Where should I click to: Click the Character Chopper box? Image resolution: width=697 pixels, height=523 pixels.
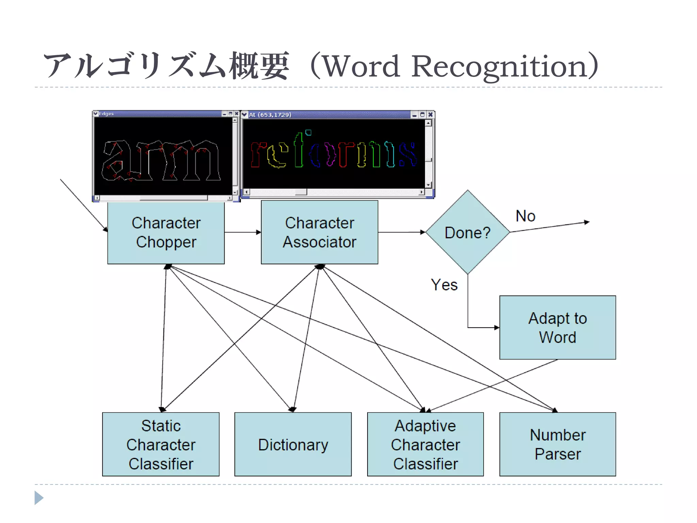(x=166, y=232)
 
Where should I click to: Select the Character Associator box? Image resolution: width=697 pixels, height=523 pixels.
(x=319, y=232)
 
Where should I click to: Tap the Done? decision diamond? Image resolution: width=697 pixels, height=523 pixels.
(x=467, y=232)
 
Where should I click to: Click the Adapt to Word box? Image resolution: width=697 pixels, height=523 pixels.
(x=557, y=327)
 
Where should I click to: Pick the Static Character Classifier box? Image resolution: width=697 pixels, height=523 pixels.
(x=161, y=444)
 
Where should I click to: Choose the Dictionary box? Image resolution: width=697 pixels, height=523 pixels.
(x=293, y=444)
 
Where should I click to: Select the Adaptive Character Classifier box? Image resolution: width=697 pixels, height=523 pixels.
(x=425, y=444)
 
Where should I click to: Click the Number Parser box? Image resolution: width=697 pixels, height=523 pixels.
(x=557, y=444)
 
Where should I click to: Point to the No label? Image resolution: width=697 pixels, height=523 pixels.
(x=525, y=216)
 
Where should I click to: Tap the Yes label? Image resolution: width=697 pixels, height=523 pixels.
(x=444, y=285)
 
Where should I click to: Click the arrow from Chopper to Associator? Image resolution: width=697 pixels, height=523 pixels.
(x=243, y=232)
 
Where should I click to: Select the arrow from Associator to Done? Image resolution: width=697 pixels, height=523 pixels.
(x=402, y=232)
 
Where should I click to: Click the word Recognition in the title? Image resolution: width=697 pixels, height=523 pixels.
(x=499, y=66)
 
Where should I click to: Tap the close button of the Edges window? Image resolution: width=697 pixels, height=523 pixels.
(x=237, y=114)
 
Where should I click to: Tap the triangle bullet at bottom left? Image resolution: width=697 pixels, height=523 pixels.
(x=38, y=498)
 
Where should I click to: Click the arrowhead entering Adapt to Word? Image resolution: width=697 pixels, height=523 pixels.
(x=497, y=328)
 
